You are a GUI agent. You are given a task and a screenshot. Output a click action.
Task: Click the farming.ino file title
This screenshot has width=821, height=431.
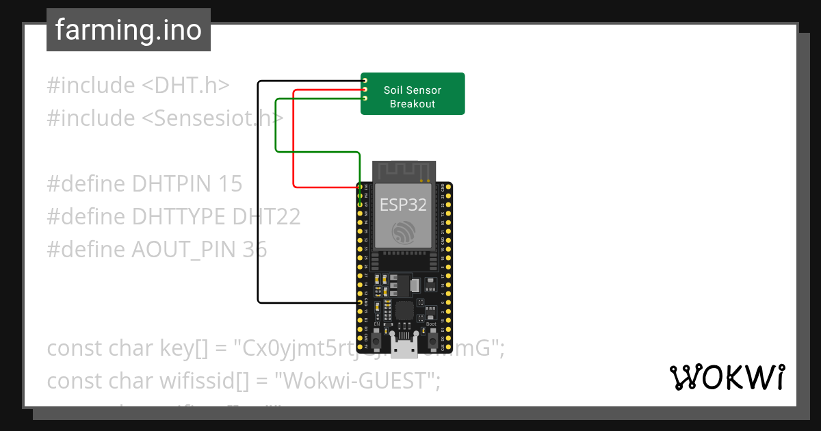click(x=128, y=30)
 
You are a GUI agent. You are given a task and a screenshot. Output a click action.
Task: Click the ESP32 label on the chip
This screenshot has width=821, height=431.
click(x=403, y=204)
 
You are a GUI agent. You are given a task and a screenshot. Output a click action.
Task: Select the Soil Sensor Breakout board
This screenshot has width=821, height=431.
click(x=413, y=94)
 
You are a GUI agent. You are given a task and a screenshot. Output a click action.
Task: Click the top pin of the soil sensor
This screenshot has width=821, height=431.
click(x=365, y=81)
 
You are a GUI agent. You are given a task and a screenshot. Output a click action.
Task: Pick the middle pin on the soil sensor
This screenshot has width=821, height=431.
click(x=365, y=90)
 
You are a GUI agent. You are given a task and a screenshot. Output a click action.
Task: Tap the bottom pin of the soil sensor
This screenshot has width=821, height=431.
click(x=365, y=99)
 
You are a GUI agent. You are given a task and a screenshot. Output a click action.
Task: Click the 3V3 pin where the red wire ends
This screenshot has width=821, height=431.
click(x=361, y=187)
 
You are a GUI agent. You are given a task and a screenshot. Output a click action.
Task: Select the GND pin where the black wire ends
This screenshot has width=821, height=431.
click(x=361, y=302)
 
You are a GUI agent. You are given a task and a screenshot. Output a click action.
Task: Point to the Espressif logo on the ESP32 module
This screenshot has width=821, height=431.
click(x=403, y=233)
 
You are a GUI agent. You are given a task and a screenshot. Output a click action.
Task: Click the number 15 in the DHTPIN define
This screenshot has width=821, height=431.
click(x=231, y=184)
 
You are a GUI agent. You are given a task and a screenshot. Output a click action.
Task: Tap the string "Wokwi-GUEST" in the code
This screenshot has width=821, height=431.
click(x=356, y=381)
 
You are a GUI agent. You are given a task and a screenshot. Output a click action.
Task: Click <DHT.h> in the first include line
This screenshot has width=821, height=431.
click(x=185, y=86)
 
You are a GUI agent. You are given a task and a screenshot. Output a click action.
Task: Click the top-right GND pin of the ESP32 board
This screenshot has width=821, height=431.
click(x=448, y=187)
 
